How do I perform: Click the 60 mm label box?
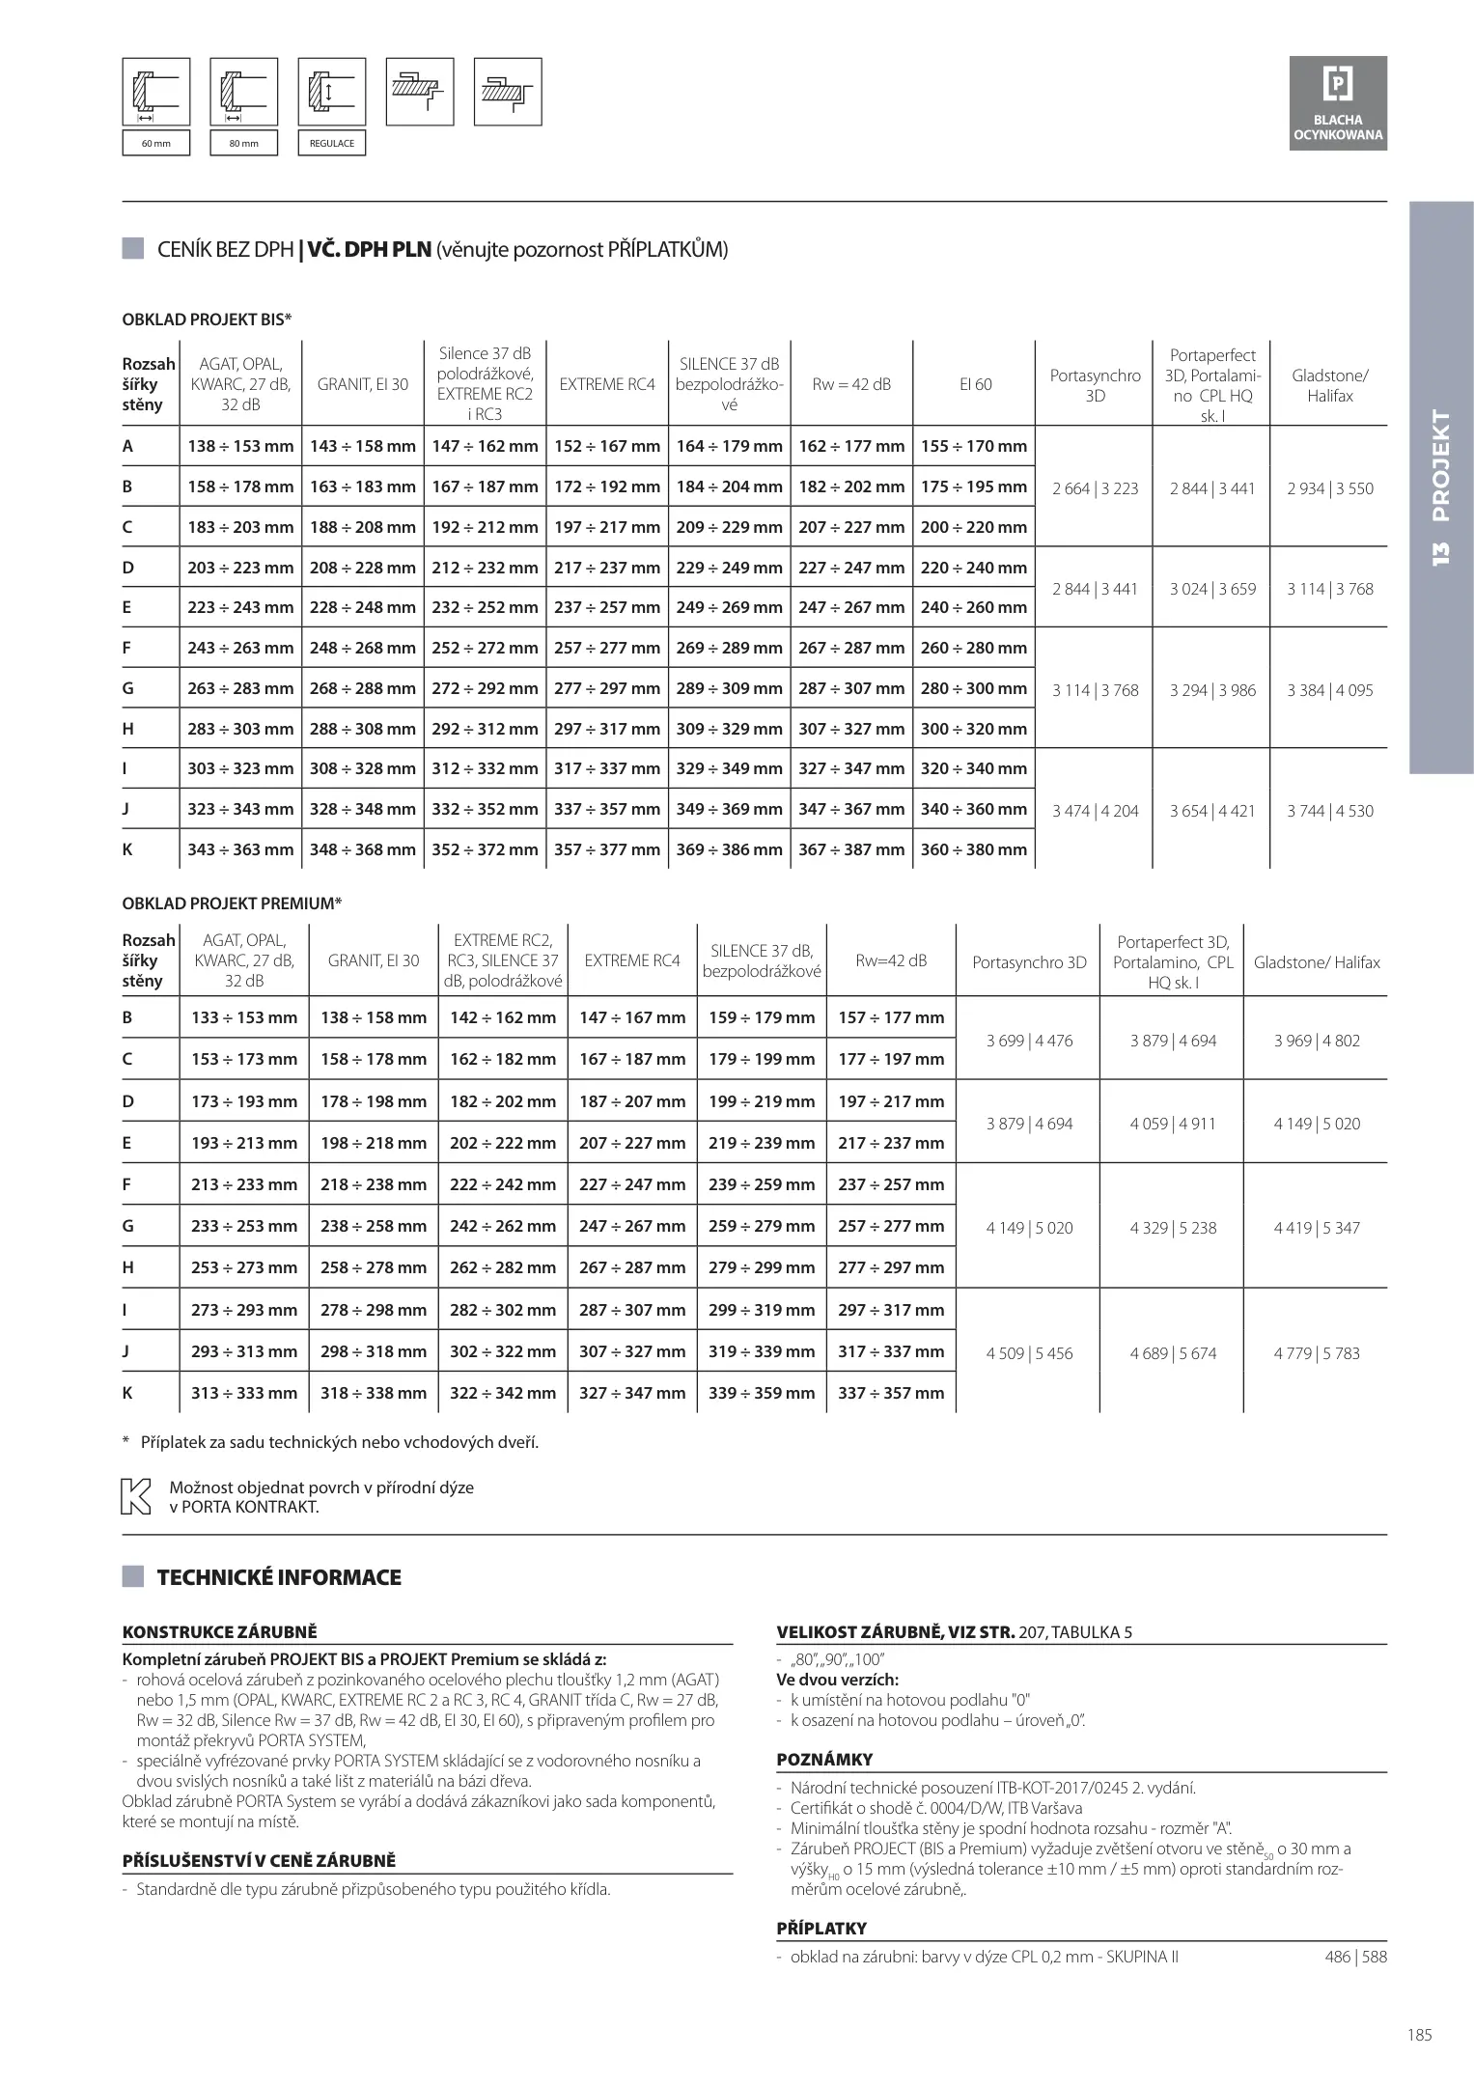pyautogui.click(x=155, y=143)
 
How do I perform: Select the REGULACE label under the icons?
pyautogui.click(x=331, y=143)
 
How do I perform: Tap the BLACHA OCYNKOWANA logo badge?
pyautogui.click(x=1338, y=103)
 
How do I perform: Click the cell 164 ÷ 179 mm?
pyautogui.click(x=729, y=446)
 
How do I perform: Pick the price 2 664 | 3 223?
pyautogui.click(x=1095, y=488)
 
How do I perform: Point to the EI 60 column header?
pyautogui.click(x=975, y=384)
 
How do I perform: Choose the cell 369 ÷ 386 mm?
pyautogui.click(x=729, y=849)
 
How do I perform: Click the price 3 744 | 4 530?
pyautogui.click(x=1329, y=811)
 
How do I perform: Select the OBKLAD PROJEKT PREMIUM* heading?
pyautogui.click(x=232, y=903)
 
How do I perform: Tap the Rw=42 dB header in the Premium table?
pyautogui.click(x=891, y=960)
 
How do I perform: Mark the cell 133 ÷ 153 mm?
pyautogui.click(x=244, y=1017)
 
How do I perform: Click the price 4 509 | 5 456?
pyautogui.click(x=1029, y=1353)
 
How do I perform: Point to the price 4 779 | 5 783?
pyautogui.click(x=1316, y=1353)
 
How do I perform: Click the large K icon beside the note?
pyautogui.click(x=135, y=1496)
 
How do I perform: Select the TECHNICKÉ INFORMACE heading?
pyautogui.click(x=278, y=1577)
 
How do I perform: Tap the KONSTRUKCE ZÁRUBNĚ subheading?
pyautogui.click(x=219, y=1632)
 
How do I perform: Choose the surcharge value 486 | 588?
pyautogui.click(x=1355, y=1958)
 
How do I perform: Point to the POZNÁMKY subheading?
pyautogui.click(x=824, y=1760)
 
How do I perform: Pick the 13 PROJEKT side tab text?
pyautogui.click(x=1441, y=487)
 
